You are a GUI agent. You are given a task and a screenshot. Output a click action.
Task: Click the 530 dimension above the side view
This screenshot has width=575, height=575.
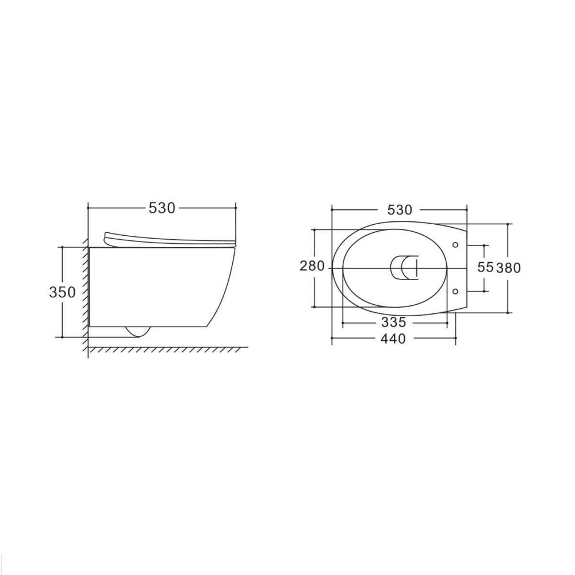point(162,208)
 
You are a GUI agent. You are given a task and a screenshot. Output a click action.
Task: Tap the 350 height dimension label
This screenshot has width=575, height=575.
point(62,292)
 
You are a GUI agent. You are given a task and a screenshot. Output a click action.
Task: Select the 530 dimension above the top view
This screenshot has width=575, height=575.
point(400,210)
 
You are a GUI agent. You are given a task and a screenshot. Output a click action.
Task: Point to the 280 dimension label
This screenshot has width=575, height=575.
point(312,266)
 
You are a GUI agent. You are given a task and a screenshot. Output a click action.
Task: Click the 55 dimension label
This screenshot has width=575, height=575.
point(485,267)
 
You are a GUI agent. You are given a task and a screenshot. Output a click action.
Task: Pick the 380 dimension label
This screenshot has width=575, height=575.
point(508,268)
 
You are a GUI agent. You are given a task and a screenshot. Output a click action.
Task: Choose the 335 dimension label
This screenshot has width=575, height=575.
point(394,323)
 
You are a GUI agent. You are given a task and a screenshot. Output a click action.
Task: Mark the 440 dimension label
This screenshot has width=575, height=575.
point(393,339)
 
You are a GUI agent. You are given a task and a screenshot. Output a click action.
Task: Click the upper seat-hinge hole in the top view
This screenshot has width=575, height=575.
point(455,245)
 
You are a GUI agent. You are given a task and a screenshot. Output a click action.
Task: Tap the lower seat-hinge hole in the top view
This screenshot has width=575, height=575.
point(455,292)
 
